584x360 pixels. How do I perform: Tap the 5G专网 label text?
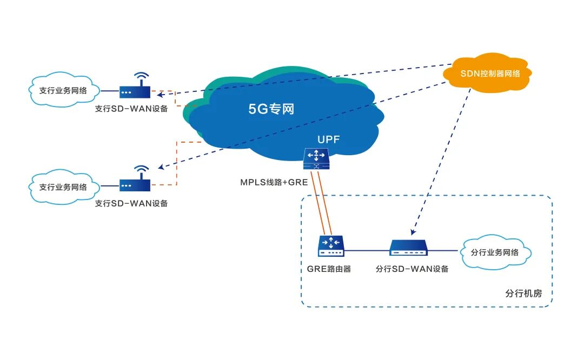coord(271,109)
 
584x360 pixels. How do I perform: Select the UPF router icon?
coord(316,158)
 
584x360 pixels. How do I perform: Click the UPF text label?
coord(329,140)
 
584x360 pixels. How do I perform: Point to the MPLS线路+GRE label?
coord(274,182)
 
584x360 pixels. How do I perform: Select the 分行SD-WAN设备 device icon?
coord(409,248)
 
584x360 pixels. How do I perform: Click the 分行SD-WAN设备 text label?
coord(412,269)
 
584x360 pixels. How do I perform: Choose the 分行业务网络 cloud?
coord(495,252)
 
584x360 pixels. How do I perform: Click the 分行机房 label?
coord(523,294)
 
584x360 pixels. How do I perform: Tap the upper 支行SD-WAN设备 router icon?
coord(134,92)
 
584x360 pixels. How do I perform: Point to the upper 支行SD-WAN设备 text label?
coord(131,109)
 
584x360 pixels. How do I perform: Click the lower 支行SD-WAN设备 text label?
coord(131,204)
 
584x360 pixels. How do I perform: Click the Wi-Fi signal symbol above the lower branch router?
coord(141,170)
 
